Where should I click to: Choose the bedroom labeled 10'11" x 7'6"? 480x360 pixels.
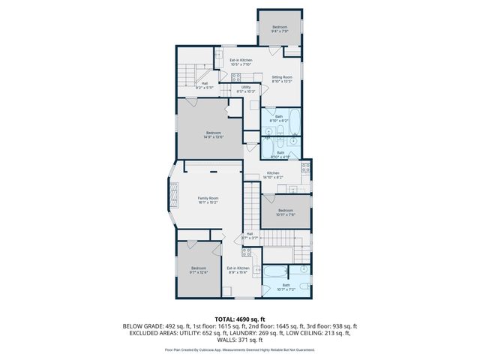click(286, 212)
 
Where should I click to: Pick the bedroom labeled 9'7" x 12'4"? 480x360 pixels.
click(197, 270)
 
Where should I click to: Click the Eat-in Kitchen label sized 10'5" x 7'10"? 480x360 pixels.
click(240, 61)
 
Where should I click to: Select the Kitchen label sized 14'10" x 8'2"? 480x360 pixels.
click(273, 175)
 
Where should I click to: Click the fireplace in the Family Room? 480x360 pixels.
click(175, 197)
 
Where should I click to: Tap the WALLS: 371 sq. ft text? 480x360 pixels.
click(240, 339)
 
